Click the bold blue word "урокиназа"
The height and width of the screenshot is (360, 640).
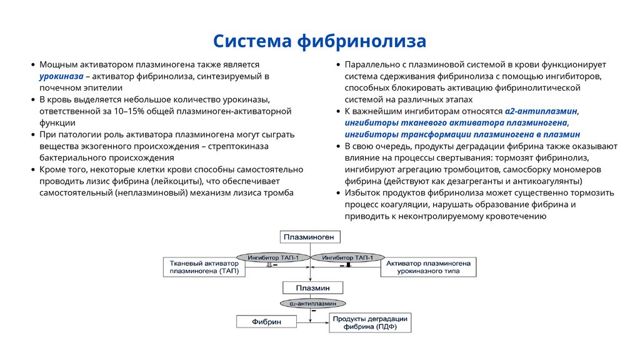(61, 76)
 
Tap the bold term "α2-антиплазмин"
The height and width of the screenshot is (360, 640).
(541, 111)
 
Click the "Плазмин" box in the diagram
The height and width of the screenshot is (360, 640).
(313, 287)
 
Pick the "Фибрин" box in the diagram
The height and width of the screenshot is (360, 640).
(266, 321)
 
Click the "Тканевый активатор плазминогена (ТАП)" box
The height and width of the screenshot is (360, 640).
(204, 267)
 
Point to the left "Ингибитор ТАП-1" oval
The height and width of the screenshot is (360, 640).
(272, 257)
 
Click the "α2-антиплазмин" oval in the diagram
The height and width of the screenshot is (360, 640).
(312, 303)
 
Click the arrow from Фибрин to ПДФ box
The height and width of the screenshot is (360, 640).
(312, 322)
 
